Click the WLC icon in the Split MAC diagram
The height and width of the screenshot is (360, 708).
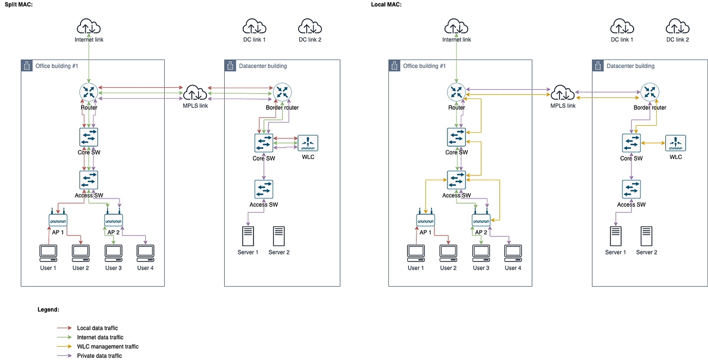[x=308, y=143]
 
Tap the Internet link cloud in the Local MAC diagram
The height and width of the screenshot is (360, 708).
[x=456, y=26]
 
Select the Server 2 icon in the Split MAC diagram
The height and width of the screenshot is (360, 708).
[x=279, y=237]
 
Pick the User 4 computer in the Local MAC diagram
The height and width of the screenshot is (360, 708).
[x=513, y=252]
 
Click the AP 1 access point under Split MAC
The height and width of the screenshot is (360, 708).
[x=58, y=219]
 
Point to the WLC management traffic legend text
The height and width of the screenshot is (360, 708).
[x=108, y=347]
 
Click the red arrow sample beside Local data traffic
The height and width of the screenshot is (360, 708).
[x=64, y=328]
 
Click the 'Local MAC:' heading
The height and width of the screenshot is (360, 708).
[x=386, y=5]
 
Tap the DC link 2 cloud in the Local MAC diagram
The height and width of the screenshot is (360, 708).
[x=677, y=26]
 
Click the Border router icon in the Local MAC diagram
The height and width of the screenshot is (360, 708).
[x=650, y=93]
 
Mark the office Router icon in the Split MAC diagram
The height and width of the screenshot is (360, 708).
[x=89, y=93]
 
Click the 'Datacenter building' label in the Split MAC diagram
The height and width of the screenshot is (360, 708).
[x=263, y=66]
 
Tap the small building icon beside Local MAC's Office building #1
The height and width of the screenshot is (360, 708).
[x=394, y=66]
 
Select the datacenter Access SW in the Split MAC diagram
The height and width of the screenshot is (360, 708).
[x=264, y=189]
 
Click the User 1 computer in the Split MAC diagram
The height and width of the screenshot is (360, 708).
[x=48, y=252]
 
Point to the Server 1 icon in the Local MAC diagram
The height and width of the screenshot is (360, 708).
[x=616, y=237]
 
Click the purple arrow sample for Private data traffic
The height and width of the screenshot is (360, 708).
[x=64, y=356]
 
